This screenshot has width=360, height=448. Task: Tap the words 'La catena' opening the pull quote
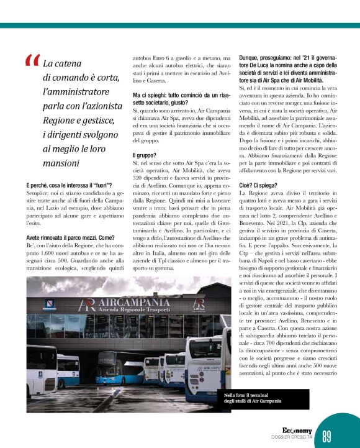click(x=62, y=63)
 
